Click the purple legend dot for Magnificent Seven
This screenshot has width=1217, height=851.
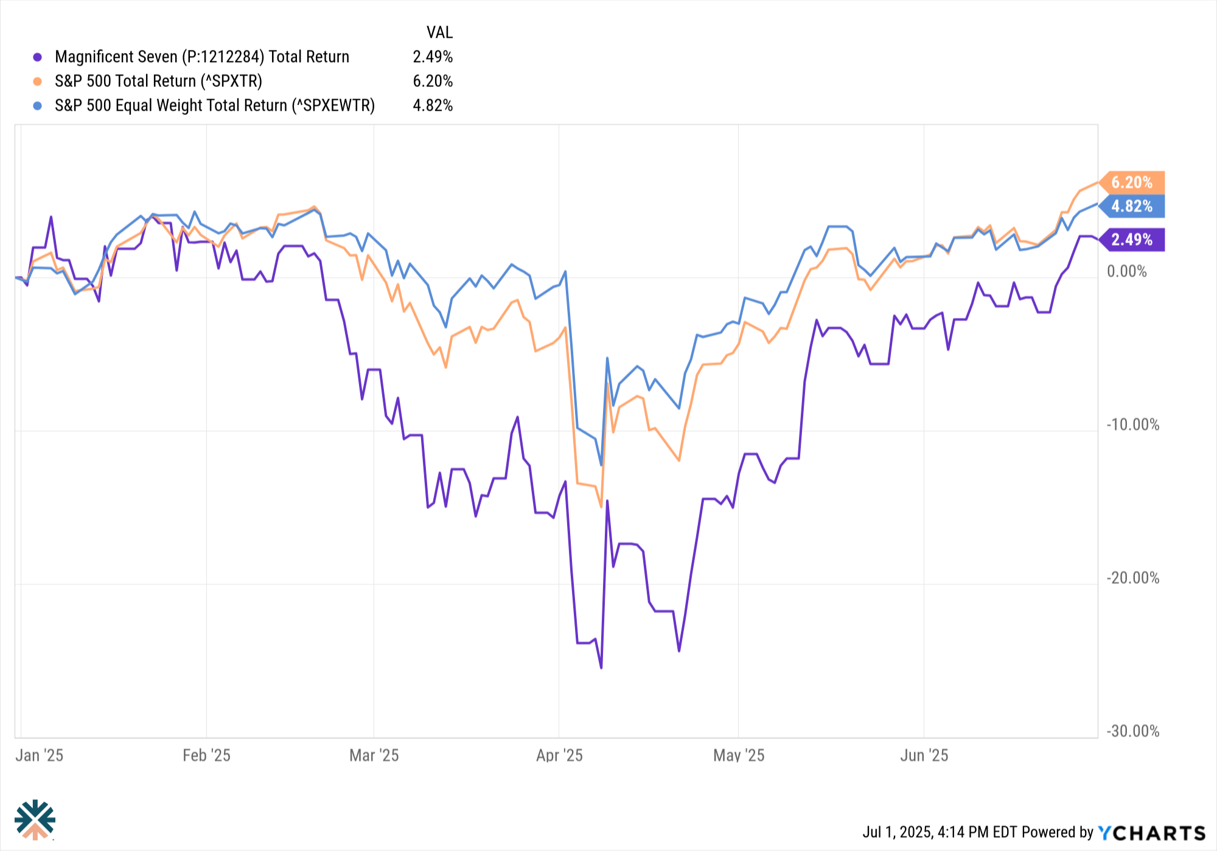click(x=37, y=57)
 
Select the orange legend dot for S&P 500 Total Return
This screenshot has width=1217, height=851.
click(x=37, y=82)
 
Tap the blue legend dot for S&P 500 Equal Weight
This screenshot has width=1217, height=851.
click(x=37, y=106)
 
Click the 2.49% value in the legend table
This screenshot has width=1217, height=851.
click(x=432, y=57)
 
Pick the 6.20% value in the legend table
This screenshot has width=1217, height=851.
click(x=432, y=82)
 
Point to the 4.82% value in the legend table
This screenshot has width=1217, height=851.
click(x=432, y=106)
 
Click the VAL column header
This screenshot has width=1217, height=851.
click(x=439, y=32)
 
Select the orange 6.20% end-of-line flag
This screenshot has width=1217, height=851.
click(x=1132, y=182)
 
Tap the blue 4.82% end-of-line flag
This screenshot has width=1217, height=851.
click(x=1132, y=206)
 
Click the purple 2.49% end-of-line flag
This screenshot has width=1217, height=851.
click(x=1132, y=240)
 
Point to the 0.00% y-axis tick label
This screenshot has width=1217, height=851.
click(x=1126, y=271)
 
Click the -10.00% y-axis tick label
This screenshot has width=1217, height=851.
click(x=1132, y=425)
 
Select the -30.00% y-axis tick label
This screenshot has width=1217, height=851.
click(x=1132, y=731)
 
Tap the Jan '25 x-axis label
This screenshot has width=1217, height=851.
click(x=39, y=755)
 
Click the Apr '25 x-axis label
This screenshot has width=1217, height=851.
click(x=559, y=755)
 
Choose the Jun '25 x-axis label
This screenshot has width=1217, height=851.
click(x=924, y=755)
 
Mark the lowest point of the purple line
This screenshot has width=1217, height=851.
click(x=601, y=668)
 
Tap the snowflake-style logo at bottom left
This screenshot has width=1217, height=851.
click(x=35, y=819)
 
